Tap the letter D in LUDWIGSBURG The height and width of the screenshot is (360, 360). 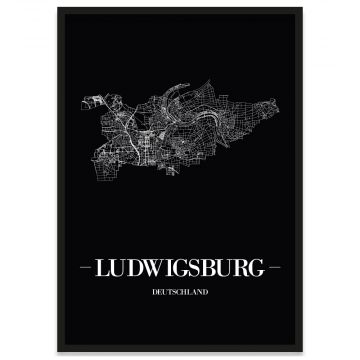(135, 269)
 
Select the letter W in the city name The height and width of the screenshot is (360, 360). (155, 269)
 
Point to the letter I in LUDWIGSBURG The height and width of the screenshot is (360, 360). (171, 269)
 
